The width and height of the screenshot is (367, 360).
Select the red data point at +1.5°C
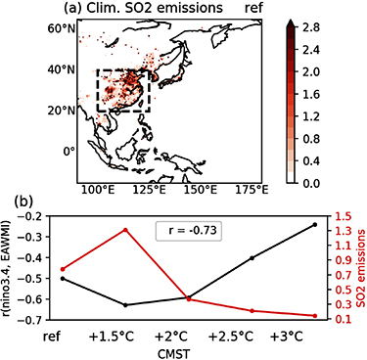[125, 230]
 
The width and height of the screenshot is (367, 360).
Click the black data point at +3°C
[315, 224]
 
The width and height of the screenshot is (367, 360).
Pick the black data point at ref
[63, 278]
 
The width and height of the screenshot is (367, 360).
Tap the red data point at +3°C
[315, 316]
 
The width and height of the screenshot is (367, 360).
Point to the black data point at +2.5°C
[252, 258]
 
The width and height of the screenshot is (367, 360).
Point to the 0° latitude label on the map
[68, 151]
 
